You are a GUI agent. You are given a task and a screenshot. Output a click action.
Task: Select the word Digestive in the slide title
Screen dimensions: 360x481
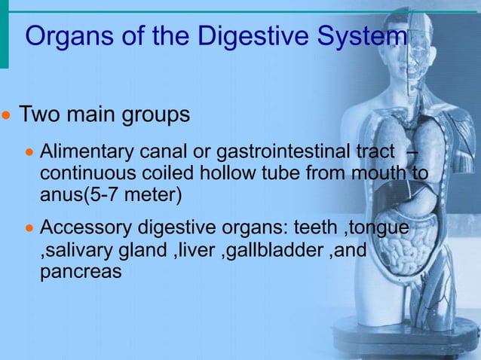257,36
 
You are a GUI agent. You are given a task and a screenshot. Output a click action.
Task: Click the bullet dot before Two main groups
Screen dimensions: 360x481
6,117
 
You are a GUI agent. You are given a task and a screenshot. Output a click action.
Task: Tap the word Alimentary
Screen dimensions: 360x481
81,153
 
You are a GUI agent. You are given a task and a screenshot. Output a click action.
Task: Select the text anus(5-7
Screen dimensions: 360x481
79,196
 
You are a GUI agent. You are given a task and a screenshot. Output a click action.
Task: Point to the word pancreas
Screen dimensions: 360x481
80,272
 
